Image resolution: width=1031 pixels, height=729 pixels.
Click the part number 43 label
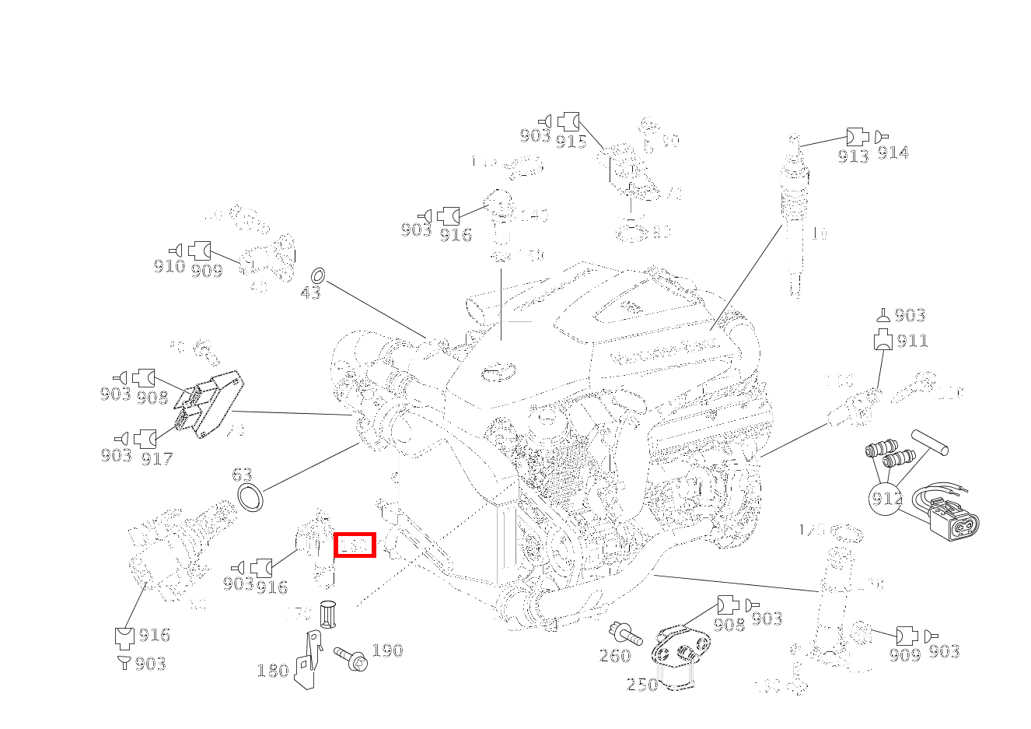tap(309, 293)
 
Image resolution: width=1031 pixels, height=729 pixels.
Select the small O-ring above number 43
tap(318, 275)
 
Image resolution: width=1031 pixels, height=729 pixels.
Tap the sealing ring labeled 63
tap(250, 498)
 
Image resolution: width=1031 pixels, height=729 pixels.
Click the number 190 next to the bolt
tap(386, 650)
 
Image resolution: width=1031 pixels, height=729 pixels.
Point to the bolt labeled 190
tap(351, 657)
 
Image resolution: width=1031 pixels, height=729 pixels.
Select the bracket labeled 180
tap(310, 661)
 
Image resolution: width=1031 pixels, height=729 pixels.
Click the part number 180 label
tap(272, 671)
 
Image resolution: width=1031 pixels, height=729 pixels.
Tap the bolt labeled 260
tap(625, 633)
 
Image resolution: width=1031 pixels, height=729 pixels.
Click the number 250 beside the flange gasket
tap(641, 685)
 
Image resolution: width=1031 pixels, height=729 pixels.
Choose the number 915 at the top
tap(571, 142)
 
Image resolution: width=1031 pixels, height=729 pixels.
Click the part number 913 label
tap(853, 156)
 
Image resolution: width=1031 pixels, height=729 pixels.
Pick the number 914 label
tap(893, 153)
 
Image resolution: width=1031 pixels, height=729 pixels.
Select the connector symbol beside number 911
tap(883, 340)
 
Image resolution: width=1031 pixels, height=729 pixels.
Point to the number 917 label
tap(156, 459)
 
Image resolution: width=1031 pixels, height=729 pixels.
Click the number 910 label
tap(169, 267)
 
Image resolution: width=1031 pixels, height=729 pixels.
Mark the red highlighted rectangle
tap(355, 545)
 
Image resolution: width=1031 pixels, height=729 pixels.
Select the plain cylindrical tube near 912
tap(930, 442)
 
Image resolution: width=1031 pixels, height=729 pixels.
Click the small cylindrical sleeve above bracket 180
tap(327, 614)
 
